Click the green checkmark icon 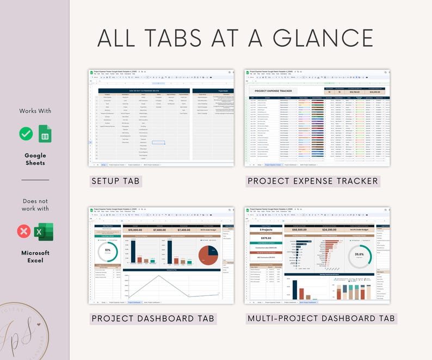pos(26,134)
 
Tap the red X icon pos(24,232)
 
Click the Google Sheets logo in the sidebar pos(44,134)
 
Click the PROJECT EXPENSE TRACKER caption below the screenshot pos(312,181)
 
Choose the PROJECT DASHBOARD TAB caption pos(153,318)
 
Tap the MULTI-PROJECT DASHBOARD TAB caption pos(321,318)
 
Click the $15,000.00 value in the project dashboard pos(135,229)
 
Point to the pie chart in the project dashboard pos(208,256)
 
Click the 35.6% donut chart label pos(360,254)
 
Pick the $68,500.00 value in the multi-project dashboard pos(301,229)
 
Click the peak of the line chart pos(158,276)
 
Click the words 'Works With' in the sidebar pos(35,111)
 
